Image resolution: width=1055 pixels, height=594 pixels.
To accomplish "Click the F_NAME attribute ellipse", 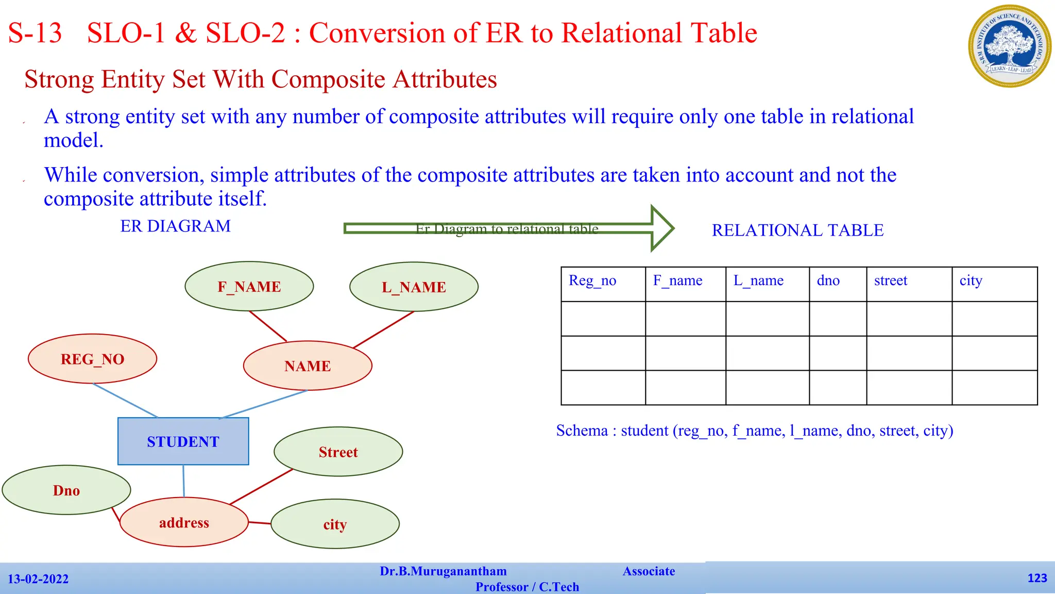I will pyautogui.click(x=249, y=287).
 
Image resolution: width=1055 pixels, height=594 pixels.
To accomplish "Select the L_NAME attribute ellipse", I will pyautogui.click(x=414, y=287).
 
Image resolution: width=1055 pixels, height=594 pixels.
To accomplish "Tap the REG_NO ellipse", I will pyautogui.click(x=92, y=359).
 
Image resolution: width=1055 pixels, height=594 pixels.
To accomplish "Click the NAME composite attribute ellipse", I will pyautogui.click(x=308, y=366).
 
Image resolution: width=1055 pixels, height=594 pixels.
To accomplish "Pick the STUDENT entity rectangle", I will pyautogui.click(x=183, y=441).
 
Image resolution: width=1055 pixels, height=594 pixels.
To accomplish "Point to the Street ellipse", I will pyautogui.click(x=338, y=452).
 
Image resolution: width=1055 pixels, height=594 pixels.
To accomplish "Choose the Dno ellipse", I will pyautogui.click(x=66, y=490).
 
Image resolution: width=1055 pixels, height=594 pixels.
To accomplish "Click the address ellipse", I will pyautogui.click(x=184, y=522).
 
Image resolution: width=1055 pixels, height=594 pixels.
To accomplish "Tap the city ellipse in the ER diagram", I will pyautogui.click(x=335, y=524).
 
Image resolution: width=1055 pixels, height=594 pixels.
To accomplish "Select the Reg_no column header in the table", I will pyautogui.click(x=603, y=284).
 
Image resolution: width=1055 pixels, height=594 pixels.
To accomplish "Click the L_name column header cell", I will pyautogui.click(x=767, y=284).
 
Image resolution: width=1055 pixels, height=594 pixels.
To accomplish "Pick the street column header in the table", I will pyautogui.click(x=909, y=284).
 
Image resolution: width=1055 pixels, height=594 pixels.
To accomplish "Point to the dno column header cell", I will pyautogui.click(x=838, y=284).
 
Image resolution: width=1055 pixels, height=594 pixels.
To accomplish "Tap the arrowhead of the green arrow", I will pyautogui.click(x=662, y=228).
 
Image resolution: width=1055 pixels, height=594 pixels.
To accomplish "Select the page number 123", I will pyautogui.click(x=1037, y=578).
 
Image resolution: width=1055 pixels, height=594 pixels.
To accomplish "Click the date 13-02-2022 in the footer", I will pyautogui.click(x=38, y=579).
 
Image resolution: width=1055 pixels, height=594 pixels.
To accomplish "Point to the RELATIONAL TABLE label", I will pyautogui.click(x=797, y=230).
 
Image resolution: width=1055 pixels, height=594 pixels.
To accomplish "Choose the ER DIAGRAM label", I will pyautogui.click(x=175, y=226).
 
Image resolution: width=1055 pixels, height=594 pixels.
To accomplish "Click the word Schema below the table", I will pyautogui.click(x=582, y=431).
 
